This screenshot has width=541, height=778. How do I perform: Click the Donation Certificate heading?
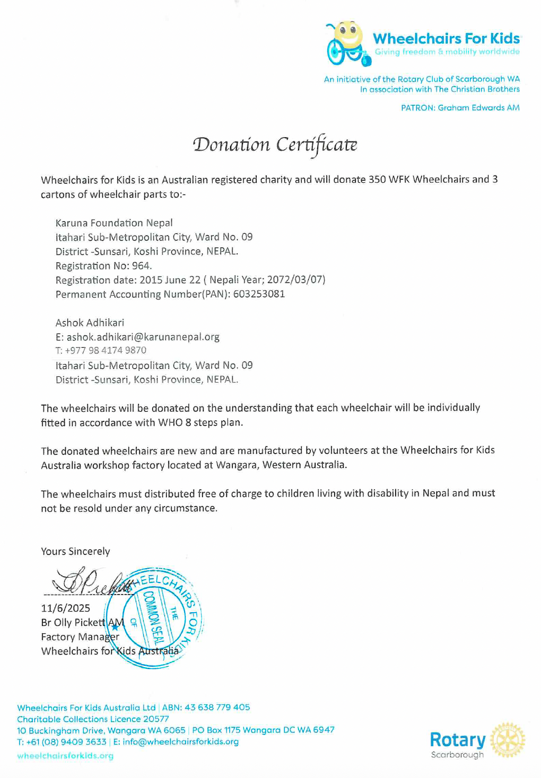pos(275,145)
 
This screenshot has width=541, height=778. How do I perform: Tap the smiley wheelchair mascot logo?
pos(346,43)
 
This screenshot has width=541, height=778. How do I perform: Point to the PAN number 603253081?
pos(259,294)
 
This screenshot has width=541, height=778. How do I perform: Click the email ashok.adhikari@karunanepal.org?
pos(143,337)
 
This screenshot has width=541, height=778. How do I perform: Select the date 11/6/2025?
pos(66,608)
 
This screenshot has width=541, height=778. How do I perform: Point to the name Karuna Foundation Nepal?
pos(114,223)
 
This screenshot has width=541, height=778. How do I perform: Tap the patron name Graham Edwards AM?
pos(478,108)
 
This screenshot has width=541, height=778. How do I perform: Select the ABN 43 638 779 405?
pos(217,708)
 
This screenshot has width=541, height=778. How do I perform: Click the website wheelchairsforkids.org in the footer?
pos(65,756)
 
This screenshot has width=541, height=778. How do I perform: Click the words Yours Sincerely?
pos(75,552)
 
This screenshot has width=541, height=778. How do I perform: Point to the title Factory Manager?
pos(80,637)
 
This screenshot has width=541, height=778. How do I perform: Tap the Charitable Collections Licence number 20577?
pos(155,719)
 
